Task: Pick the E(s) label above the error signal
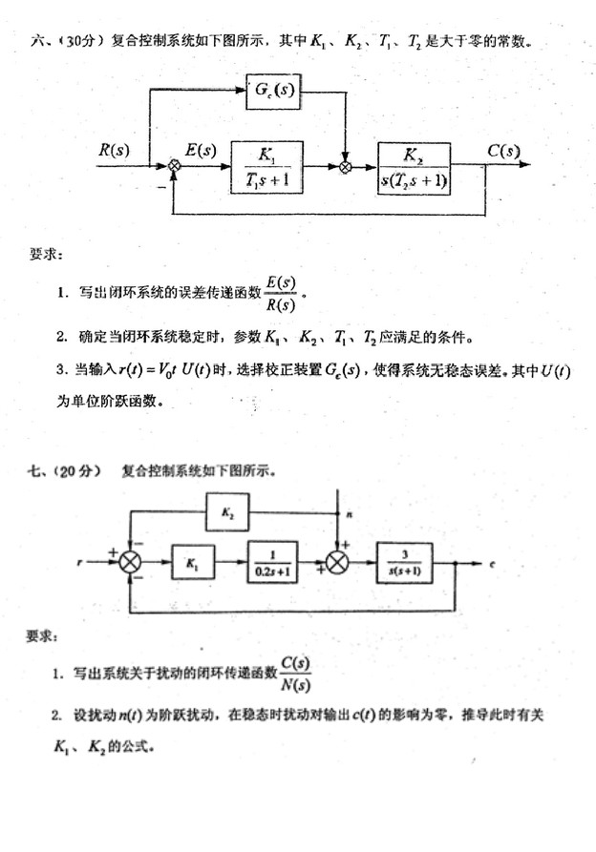200,150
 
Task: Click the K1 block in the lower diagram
195,562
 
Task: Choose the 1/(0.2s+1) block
271,562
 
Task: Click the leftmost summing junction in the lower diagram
130,562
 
